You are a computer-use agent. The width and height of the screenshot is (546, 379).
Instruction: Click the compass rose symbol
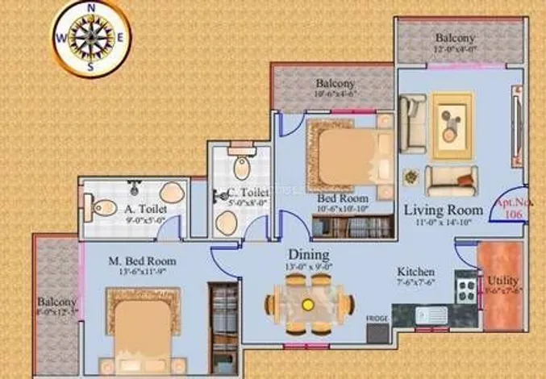[x=91, y=37]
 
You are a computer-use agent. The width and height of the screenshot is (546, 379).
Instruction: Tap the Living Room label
[x=443, y=210]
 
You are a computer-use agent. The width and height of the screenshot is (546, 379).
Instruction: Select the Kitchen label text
[x=416, y=273]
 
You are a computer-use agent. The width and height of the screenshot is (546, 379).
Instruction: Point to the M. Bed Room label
[x=142, y=261]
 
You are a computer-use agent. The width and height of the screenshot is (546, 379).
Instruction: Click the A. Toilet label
[x=145, y=208]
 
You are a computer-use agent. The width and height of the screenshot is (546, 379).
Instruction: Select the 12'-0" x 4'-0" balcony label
[x=456, y=42]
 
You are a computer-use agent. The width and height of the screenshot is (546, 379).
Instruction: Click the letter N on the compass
[x=91, y=7]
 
